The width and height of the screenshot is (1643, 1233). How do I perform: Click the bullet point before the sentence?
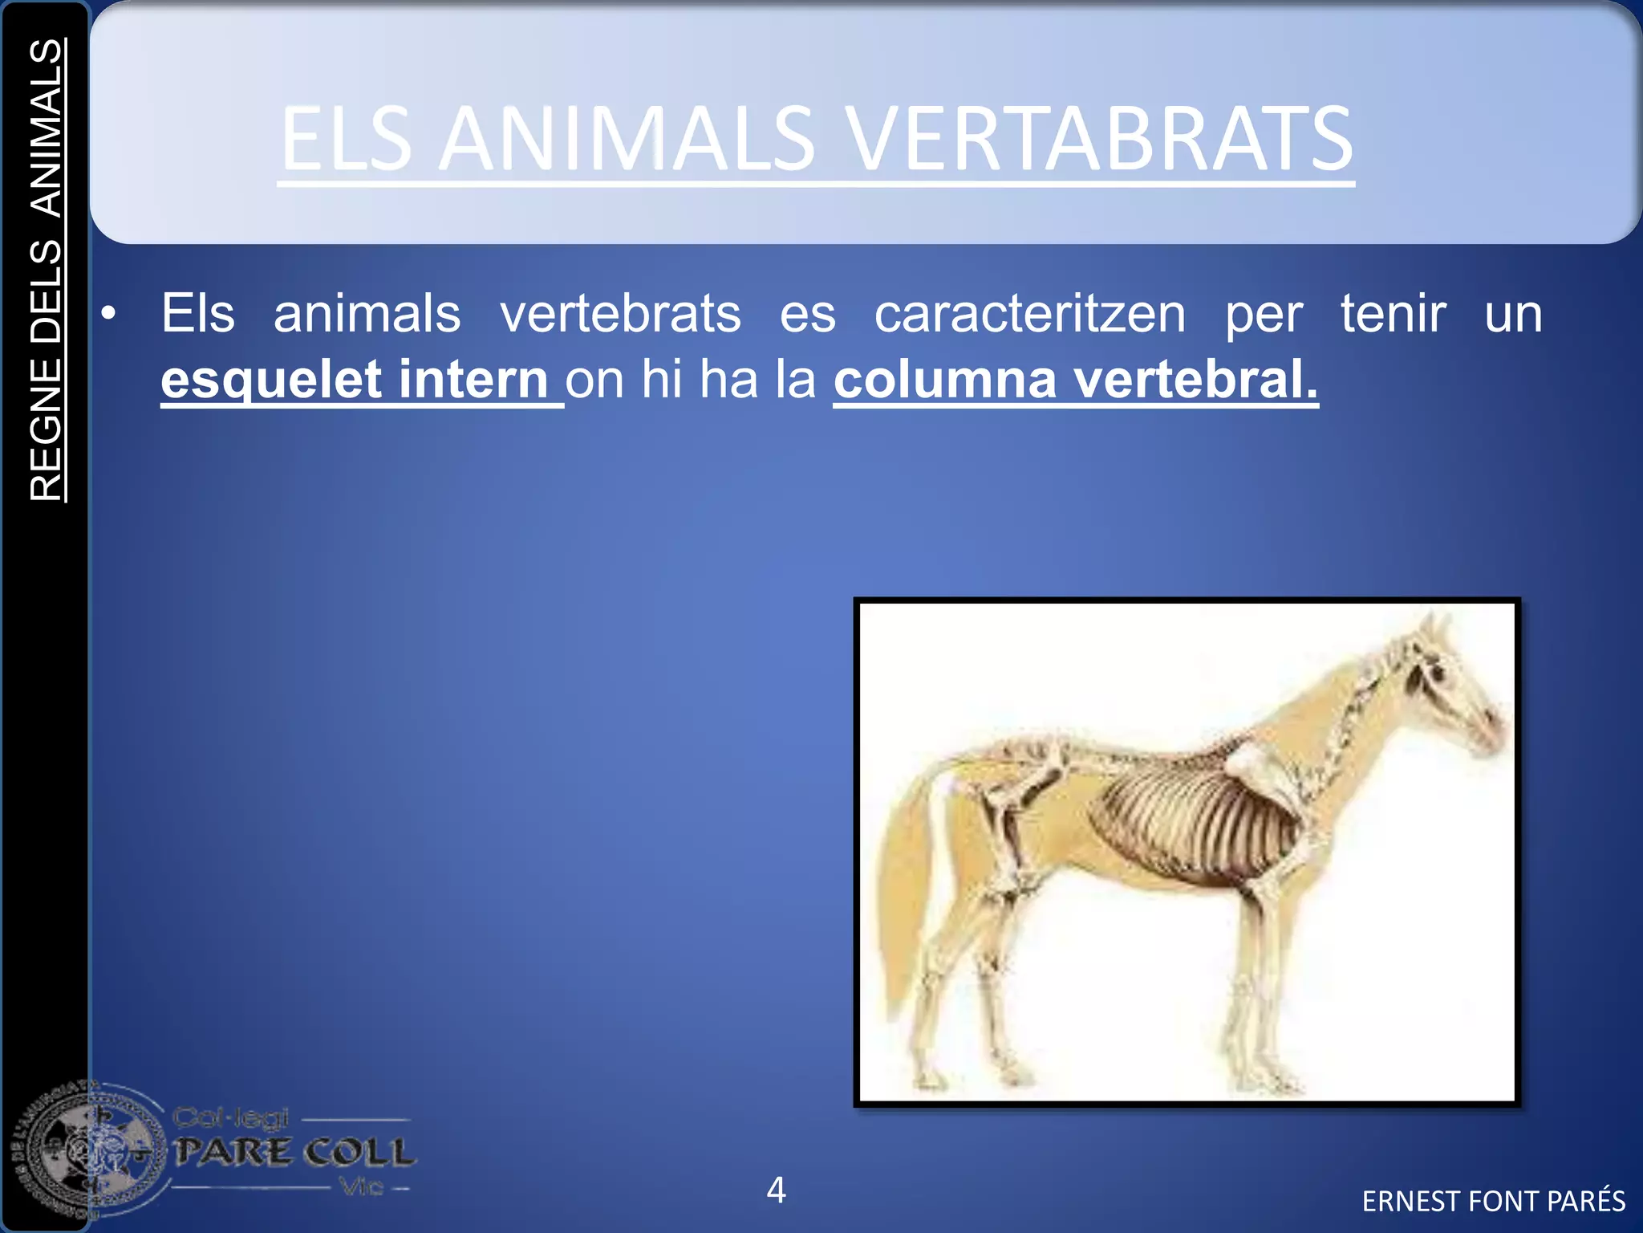click(x=109, y=314)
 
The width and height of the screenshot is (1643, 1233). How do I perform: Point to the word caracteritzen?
click(x=1029, y=314)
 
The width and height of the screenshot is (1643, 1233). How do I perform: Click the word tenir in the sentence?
click(x=1394, y=314)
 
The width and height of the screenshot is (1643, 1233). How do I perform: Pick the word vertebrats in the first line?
click(x=620, y=314)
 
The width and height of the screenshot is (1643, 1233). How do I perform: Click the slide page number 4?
click(x=776, y=1190)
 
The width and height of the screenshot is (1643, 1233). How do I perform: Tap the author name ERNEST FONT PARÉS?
click(x=1493, y=1201)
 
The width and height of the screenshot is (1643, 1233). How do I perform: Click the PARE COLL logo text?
click(x=294, y=1153)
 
